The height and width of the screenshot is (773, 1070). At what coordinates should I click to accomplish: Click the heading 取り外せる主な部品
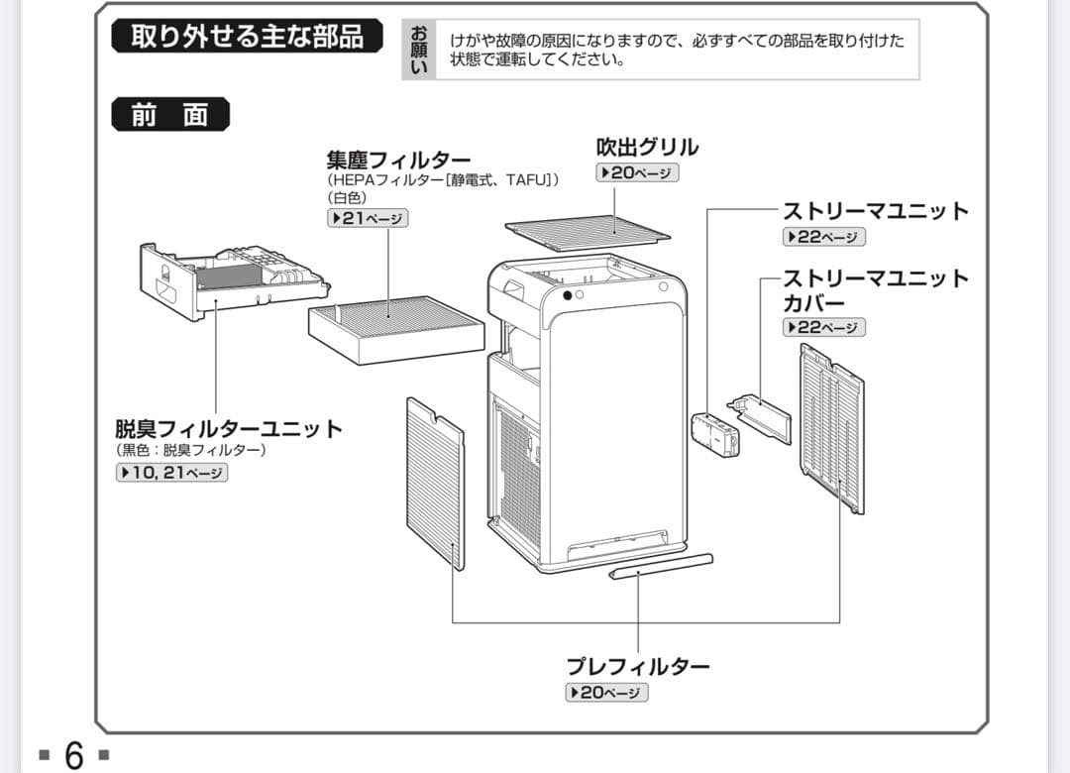tap(247, 37)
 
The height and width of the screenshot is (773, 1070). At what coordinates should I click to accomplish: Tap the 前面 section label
tap(169, 115)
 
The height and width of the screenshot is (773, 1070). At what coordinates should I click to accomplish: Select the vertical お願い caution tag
tap(419, 50)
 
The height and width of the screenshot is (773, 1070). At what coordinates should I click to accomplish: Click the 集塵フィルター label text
tap(398, 160)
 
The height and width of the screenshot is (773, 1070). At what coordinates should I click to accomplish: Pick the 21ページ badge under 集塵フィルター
tap(368, 219)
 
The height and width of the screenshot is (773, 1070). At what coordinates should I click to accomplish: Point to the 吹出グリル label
tap(646, 148)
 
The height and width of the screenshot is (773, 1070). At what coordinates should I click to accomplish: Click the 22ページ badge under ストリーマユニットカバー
tap(824, 327)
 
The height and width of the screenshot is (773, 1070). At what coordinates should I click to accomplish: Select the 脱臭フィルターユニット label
tap(229, 429)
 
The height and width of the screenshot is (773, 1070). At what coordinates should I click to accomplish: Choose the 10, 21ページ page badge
tap(172, 473)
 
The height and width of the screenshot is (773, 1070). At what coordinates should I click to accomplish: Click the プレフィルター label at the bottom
tap(637, 666)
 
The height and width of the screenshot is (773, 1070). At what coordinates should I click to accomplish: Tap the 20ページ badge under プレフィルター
tap(606, 693)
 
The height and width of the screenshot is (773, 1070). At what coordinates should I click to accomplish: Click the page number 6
tap(74, 755)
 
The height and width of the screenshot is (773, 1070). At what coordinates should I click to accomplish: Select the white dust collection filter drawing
tap(395, 327)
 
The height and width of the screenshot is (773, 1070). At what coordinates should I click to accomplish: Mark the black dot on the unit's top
tap(566, 295)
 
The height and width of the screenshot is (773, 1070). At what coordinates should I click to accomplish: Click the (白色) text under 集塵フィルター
tap(347, 197)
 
